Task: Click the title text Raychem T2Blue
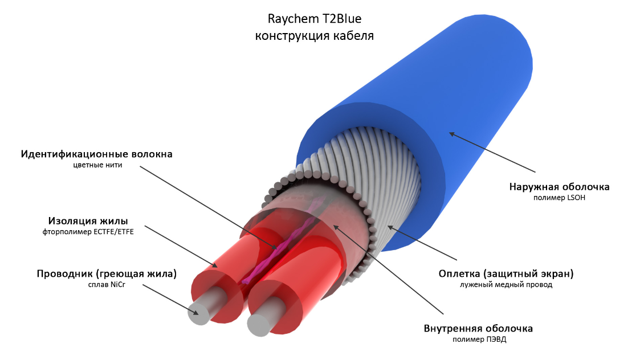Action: coord(314,19)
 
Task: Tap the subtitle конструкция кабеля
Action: coord(314,36)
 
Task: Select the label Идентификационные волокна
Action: coord(97,154)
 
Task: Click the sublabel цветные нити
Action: coord(97,165)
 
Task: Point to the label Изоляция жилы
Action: coord(88,221)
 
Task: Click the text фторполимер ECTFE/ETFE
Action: coord(88,232)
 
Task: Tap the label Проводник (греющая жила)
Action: coord(107,274)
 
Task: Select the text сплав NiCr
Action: coord(107,284)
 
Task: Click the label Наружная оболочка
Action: coord(559,187)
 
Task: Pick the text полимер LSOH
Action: coord(559,198)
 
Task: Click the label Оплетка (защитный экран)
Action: coord(506,274)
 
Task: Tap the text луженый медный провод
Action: coord(506,284)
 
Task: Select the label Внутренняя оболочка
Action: coord(478,329)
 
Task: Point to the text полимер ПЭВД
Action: coord(480,339)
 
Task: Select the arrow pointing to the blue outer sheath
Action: coord(492,152)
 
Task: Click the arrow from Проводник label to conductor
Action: coord(170,299)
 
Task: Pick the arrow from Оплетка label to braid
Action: coord(422,243)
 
